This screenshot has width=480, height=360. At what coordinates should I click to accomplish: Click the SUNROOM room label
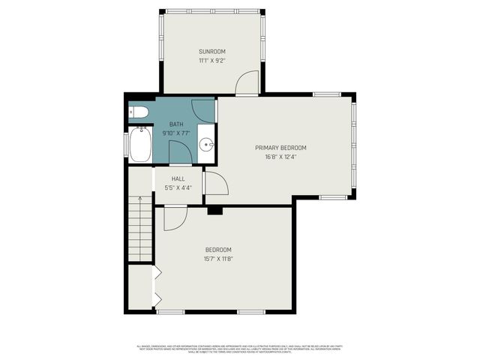coord(211,51)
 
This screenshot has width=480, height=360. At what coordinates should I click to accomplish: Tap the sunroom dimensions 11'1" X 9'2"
coord(211,60)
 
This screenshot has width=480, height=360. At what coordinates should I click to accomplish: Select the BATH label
coord(175,124)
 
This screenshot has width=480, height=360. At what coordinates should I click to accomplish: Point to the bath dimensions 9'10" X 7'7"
coord(175,133)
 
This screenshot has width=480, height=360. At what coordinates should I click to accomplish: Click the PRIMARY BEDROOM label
coord(280,148)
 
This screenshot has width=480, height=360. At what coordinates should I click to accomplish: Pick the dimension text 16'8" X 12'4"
coord(280,157)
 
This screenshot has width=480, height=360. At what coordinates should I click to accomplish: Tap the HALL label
coord(178,178)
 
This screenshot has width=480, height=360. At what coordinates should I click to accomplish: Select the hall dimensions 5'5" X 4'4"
coord(178,187)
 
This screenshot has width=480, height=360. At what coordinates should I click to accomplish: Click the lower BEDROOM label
coord(218,250)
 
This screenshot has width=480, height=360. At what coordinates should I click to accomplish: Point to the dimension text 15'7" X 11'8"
coord(218,259)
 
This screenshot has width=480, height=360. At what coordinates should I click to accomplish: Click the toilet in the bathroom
coord(138,112)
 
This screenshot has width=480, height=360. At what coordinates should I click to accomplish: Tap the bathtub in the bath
coord(140,145)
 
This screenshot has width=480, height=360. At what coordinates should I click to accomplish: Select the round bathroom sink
coord(208,145)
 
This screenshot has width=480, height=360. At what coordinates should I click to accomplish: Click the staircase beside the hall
coord(140,227)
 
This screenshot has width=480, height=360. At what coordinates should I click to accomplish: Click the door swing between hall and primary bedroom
coord(214,184)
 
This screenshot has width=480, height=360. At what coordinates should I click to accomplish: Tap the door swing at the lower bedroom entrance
coord(174,217)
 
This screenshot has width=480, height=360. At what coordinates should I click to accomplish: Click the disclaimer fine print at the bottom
coord(239,348)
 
